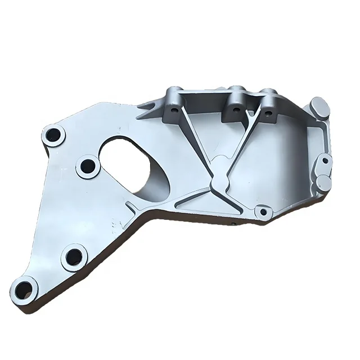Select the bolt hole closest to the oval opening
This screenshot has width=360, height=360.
coord(88,166)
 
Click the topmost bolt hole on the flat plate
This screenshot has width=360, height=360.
coord(54,135)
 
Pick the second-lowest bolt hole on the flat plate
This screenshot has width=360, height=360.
coord(73,257)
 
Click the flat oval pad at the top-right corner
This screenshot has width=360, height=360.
coord(319,106)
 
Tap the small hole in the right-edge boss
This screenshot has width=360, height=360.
coord(325,160)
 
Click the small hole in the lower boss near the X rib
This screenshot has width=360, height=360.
coord(260,212)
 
